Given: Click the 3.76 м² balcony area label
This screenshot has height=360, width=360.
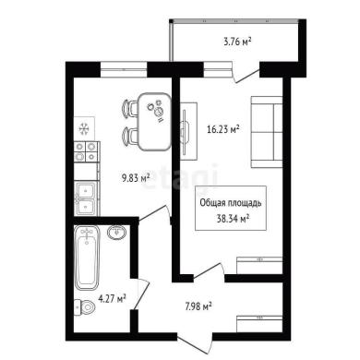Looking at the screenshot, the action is [x=237, y=42].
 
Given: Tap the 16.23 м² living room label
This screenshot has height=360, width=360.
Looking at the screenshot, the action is [x=223, y=129].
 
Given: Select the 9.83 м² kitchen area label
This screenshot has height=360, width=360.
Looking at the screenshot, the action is [x=136, y=178].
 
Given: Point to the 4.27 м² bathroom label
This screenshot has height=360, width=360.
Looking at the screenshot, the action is [x=112, y=298].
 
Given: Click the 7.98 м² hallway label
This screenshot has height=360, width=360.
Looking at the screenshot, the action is [x=198, y=306].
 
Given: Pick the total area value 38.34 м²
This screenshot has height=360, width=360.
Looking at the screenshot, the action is [x=233, y=219].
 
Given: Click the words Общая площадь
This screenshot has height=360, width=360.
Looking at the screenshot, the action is [x=231, y=203].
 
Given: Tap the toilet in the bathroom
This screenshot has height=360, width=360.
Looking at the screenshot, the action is [x=85, y=306].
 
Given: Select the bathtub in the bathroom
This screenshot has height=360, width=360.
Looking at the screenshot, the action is [x=87, y=258].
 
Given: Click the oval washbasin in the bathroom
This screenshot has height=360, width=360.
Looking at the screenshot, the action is [x=116, y=233].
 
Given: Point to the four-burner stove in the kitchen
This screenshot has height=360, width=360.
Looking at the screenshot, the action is [x=87, y=151].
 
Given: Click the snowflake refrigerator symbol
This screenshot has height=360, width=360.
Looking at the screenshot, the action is [x=84, y=128].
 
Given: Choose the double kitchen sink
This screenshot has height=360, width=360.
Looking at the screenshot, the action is [x=86, y=198].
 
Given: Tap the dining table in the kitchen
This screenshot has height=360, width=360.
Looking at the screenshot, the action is [x=154, y=122].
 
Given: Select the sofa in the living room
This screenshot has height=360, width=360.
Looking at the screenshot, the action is [x=267, y=132].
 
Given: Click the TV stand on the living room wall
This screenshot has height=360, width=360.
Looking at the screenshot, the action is [x=188, y=131].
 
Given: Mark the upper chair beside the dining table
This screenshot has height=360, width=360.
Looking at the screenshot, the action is [x=130, y=109].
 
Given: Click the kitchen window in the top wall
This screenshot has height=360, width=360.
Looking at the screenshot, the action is [x=124, y=70].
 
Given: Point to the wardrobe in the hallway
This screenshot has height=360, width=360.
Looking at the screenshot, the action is [x=259, y=324].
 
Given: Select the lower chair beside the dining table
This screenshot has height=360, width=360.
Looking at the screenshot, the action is [x=130, y=136].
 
